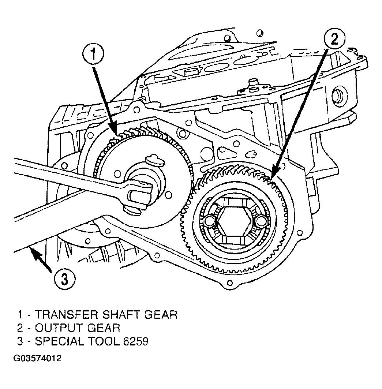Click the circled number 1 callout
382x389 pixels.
click(x=93, y=53)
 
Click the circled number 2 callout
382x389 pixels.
click(x=334, y=39)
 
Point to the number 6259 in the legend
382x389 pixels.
click(x=135, y=341)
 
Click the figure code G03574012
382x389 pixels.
click(x=37, y=359)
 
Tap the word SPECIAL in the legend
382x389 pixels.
click(x=60, y=341)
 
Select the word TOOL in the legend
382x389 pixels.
click(x=104, y=341)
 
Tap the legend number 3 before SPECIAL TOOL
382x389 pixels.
click(x=20, y=341)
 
